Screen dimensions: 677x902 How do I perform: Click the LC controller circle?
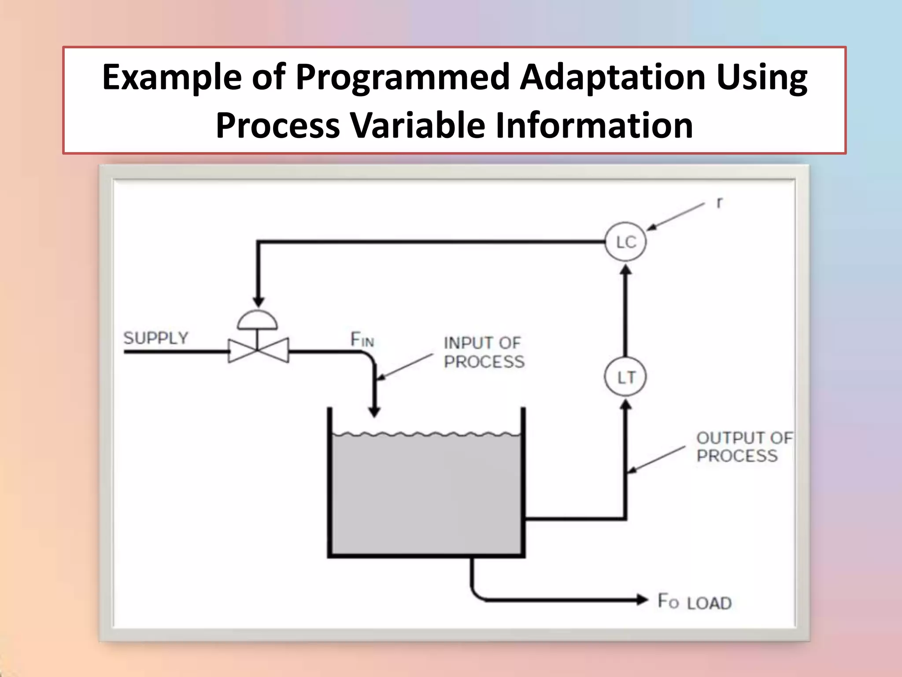pyautogui.click(x=625, y=242)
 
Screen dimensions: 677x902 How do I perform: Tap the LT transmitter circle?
pyautogui.click(x=625, y=377)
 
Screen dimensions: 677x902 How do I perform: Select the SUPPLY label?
pyautogui.click(x=156, y=338)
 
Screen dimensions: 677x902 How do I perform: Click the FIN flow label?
pyautogui.click(x=362, y=340)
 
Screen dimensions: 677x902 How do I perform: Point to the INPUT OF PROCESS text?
pyautogui.click(x=484, y=352)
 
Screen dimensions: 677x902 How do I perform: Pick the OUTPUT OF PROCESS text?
pyautogui.click(x=743, y=446)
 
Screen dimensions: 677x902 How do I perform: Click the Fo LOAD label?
pyautogui.click(x=695, y=602)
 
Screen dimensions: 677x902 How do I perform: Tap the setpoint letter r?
pyautogui.click(x=719, y=202)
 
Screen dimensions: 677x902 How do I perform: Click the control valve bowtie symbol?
pyautogui.click(x=258, y=350)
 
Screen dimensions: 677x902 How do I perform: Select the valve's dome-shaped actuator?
pyautogui.click(x=258, y=320)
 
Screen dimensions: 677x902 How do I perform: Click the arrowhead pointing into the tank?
pyautogui.click(x=374, y=412)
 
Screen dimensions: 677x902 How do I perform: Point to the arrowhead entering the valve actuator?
pyautogui.click(x=259, y=301)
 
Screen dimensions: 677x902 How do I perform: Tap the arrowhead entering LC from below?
pyautogui.click(x=626, y=269)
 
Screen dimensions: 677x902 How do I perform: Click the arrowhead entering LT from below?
pyautogui.click(x=626, y=404)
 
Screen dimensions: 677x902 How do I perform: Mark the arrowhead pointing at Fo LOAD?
pyautogui.click(x=642, y=599)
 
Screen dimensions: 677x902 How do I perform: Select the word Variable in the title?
pyautogui.click(x=417, y=125)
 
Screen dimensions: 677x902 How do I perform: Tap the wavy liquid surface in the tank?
pyautogui.click(x=426, y=435)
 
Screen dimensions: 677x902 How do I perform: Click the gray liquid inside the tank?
pyautogui.click(x=426, y=494)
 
